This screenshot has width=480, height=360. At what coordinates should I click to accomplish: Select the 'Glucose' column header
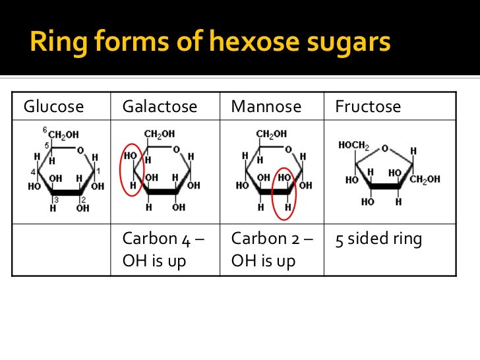[54, 106]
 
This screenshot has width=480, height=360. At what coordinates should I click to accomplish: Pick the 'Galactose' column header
[160, 106]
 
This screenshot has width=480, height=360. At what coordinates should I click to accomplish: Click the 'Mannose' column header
[266, 106]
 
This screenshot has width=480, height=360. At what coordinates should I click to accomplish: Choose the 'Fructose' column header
[368, 106]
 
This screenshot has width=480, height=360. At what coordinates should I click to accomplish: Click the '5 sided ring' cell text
[378, 239]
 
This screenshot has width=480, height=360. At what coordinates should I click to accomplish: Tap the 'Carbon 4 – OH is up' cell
[162, 249]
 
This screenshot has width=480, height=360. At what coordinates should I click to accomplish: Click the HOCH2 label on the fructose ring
[353, 145]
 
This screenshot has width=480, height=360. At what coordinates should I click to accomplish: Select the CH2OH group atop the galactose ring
[160, 134]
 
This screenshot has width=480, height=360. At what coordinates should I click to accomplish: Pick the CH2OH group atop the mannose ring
[272, 134]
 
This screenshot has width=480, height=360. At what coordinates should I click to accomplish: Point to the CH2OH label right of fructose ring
[425, 179]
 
